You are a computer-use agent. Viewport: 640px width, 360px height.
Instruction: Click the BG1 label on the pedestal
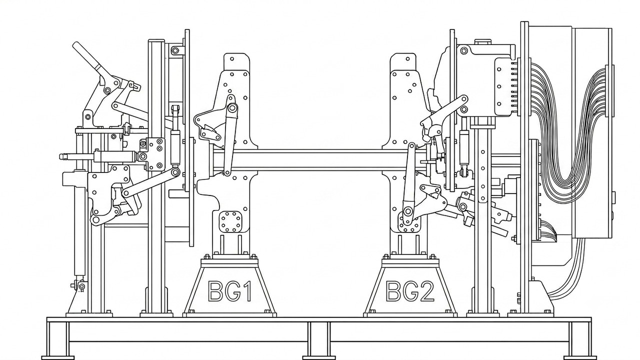point(230,291)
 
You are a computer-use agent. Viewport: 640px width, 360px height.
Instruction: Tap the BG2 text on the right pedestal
point(410,291)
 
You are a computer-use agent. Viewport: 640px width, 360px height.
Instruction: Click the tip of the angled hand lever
point(75,45)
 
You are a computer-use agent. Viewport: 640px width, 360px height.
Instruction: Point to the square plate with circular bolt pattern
point(230,221)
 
